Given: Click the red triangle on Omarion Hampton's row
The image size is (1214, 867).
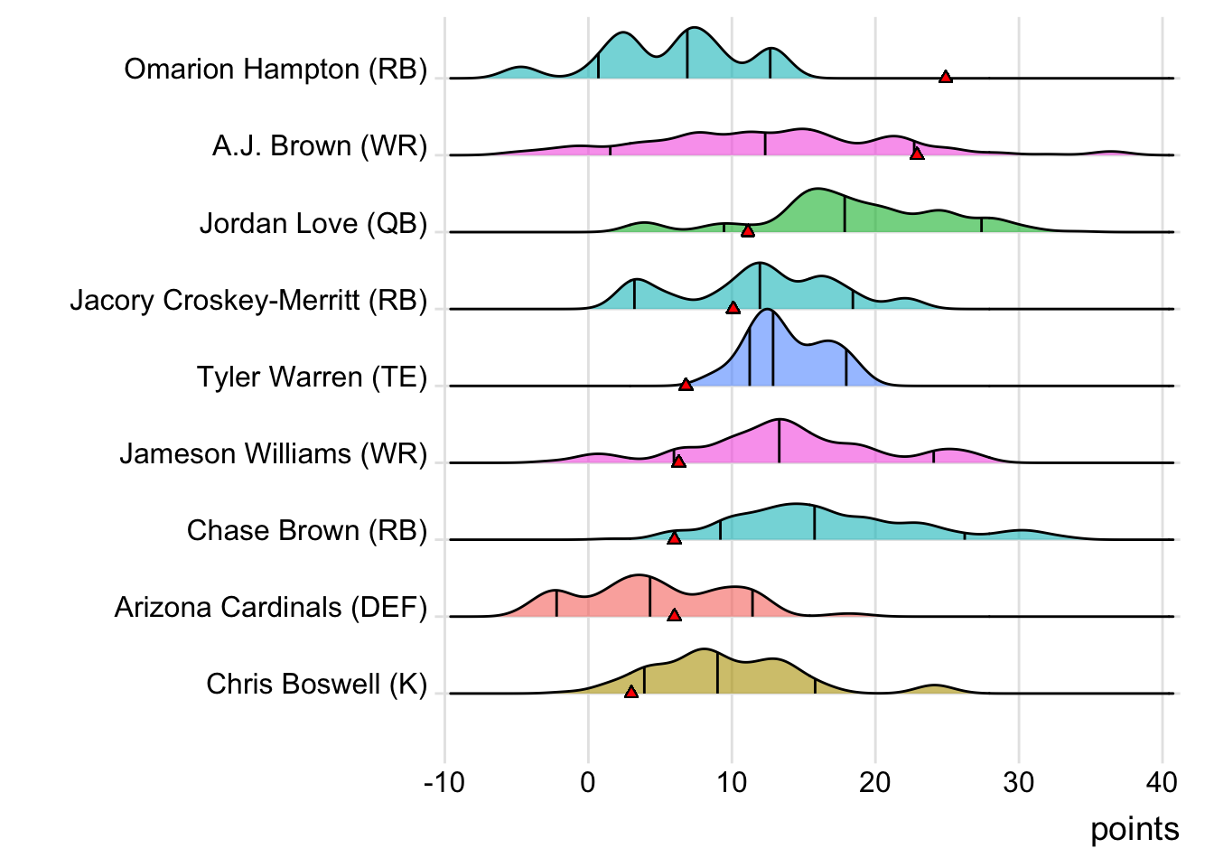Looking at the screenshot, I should (x=945, y=77).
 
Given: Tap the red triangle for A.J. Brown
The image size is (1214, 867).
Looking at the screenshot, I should (x=917, y=154).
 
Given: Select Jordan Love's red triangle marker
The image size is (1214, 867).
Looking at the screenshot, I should (x=747, y=231).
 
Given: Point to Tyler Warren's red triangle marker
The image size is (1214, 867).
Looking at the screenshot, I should (x=686, y=385).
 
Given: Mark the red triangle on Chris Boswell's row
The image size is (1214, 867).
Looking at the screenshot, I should (x=631, y=692).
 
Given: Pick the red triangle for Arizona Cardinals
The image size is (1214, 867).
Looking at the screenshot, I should (x=674, y=615).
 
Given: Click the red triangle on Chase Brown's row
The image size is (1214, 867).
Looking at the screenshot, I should (x=674, y=538).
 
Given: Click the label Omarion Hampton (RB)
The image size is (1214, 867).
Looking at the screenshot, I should (x=275, y=70).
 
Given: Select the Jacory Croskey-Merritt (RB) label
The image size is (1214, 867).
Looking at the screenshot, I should (x=248, y=300).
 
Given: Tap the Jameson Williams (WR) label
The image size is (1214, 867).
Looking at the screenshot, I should (x=273, y=453).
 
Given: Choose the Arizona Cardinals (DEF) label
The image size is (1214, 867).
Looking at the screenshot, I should (x=270, y=607).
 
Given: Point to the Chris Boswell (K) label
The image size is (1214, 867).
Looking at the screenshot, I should (x=316, y=684).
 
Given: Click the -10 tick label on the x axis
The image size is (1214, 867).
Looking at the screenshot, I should (x=444, y=782).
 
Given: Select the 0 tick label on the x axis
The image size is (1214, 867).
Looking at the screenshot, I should (x=588, y=782).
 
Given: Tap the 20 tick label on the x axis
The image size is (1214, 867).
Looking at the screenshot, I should (x=874, y=782).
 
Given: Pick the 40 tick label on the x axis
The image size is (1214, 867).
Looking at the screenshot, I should (x=1162, y=782).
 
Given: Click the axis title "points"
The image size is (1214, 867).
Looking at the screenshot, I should (x=1135, y=829).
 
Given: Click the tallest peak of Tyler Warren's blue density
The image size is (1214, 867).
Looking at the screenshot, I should (x=768, y=311).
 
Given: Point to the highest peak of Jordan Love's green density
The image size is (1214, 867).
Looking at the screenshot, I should (x=817, y=190).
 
